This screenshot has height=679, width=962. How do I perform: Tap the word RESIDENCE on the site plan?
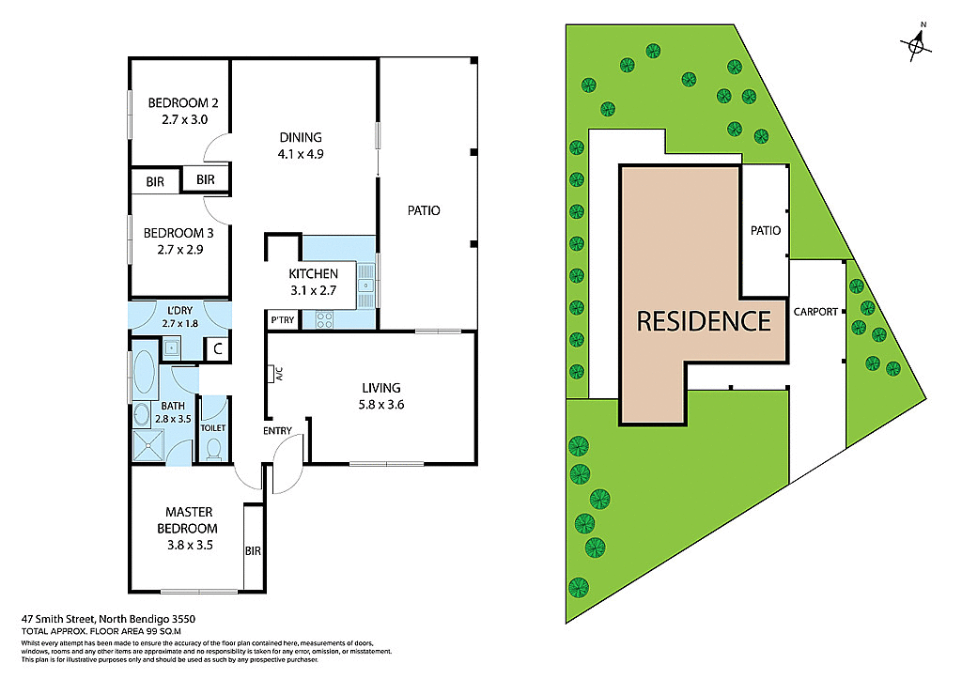[704, 321]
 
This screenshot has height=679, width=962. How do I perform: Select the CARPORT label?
[815, 312]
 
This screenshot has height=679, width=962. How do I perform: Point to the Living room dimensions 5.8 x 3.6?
[381, 406]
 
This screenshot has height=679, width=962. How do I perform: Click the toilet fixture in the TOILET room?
[214, 449]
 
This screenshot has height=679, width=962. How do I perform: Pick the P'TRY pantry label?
[283, 319]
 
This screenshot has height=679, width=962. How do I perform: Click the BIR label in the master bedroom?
[253, 551]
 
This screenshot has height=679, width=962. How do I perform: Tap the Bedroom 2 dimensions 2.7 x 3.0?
[177, 120]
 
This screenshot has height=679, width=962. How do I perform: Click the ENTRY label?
[278, 431]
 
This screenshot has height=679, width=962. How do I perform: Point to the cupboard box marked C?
[216, 349]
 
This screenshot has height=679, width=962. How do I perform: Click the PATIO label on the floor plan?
[424, 210]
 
